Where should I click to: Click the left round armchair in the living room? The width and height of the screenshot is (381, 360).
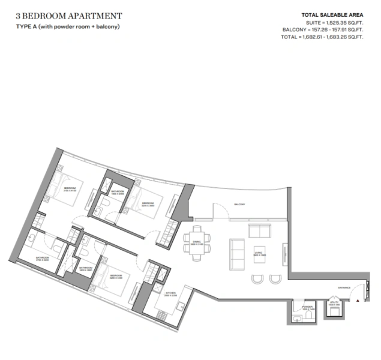click(x=258, y=278)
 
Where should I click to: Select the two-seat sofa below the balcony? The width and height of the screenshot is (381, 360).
click(x=260, y=231)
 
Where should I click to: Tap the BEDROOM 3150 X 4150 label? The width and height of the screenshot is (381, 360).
click(x=70, y=190)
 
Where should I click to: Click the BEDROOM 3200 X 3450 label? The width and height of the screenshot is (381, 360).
click(x=148, y=205)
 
